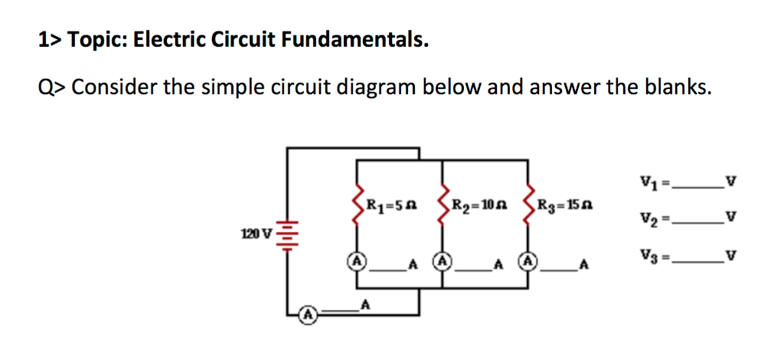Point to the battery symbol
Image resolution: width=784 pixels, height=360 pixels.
tap(288, 233)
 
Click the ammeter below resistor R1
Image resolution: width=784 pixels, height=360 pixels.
tap(357, 260)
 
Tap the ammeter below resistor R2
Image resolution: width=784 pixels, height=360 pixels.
tap(443, 260)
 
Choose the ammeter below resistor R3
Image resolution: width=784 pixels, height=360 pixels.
tap(528, 260)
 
